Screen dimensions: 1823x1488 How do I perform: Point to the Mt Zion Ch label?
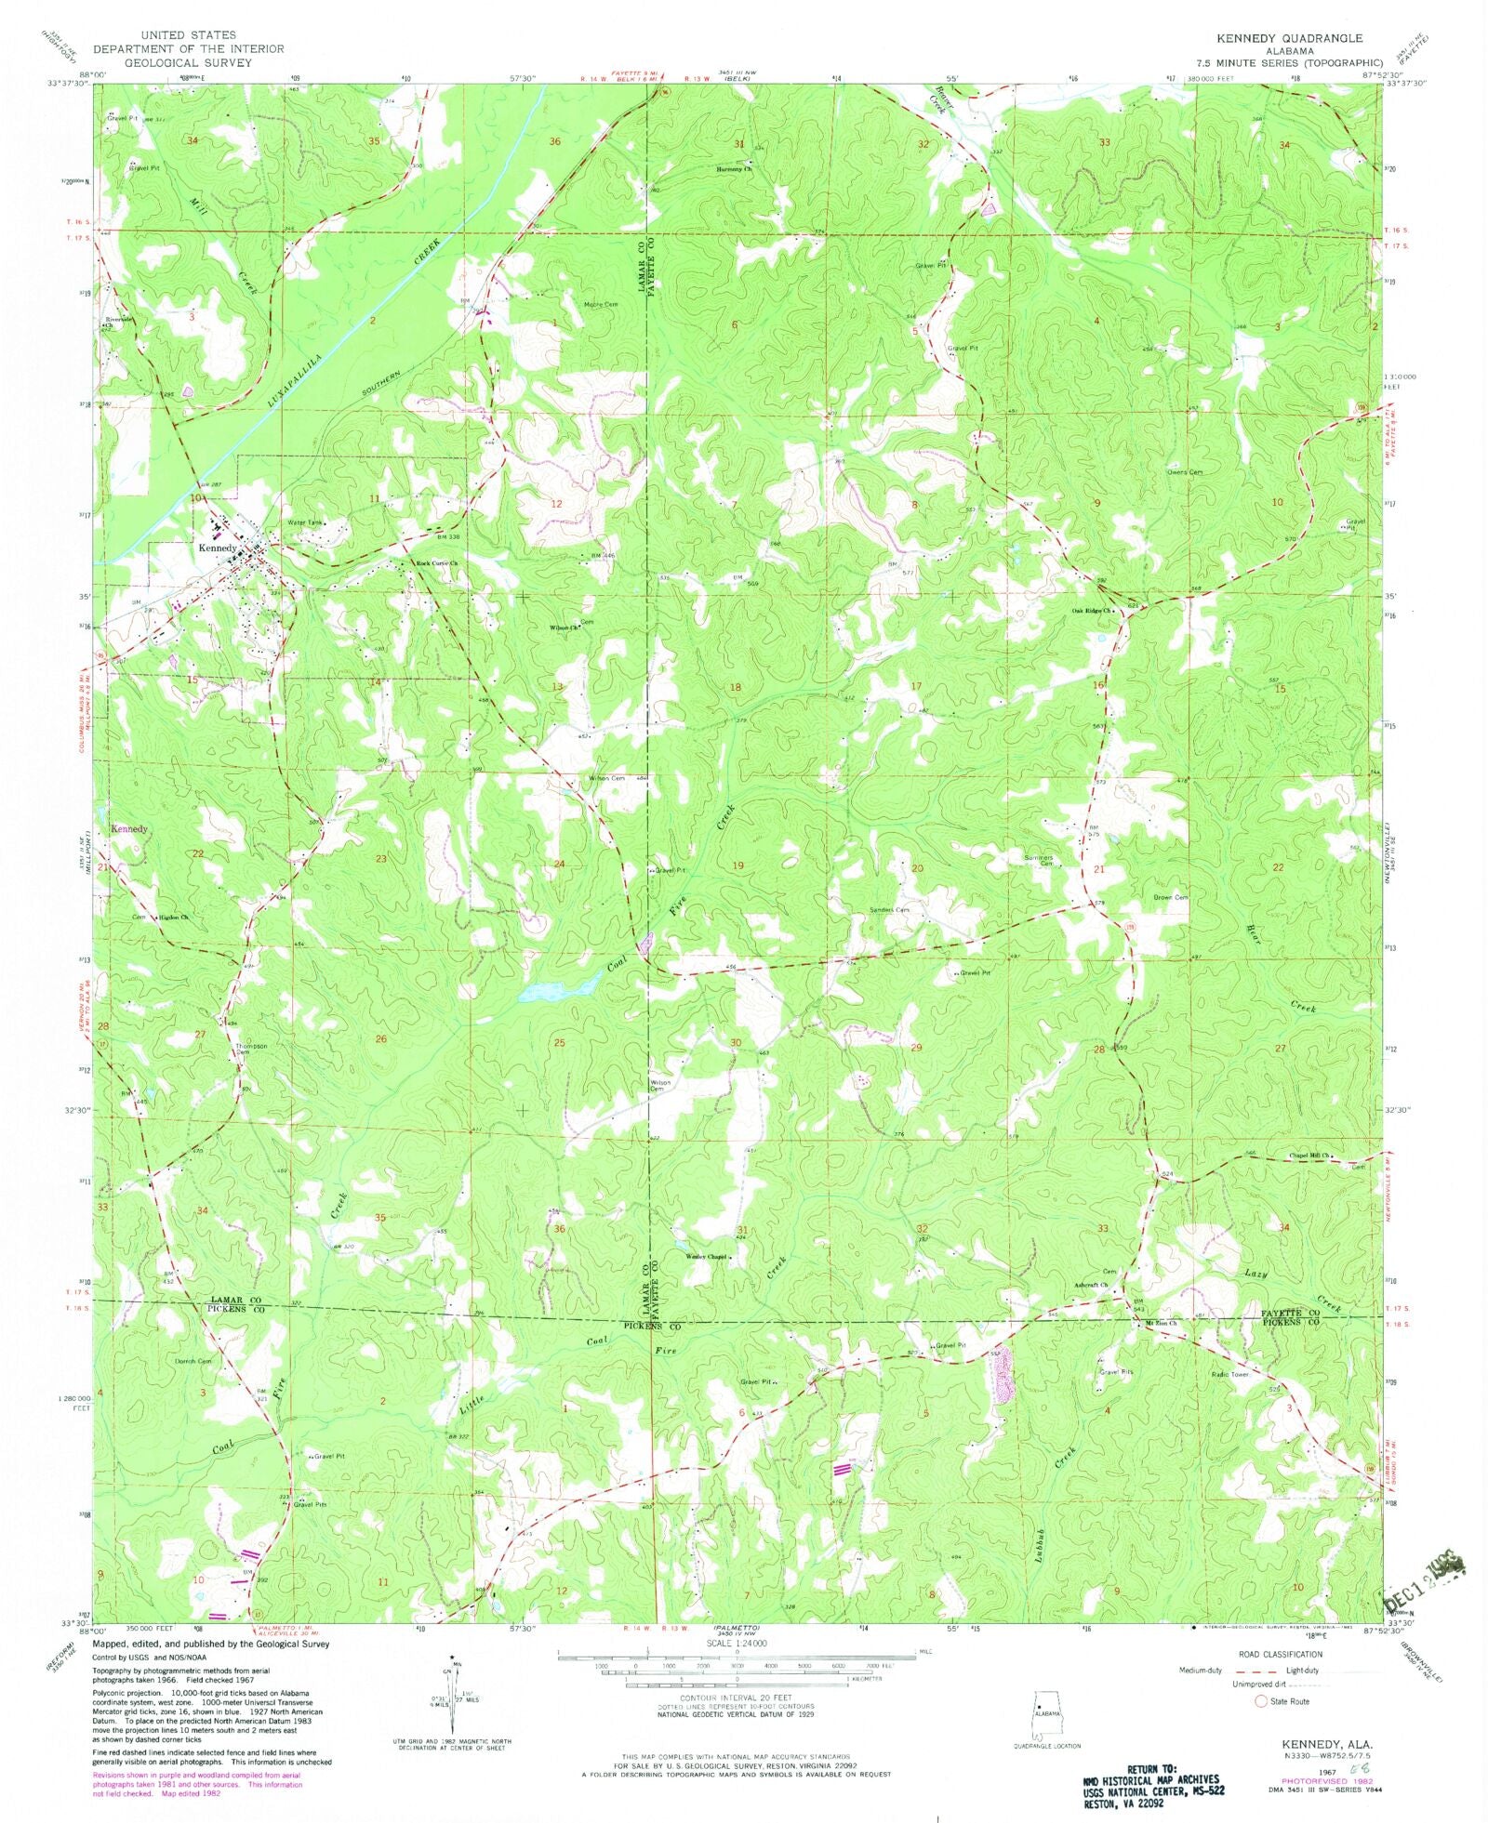click(1160, 1323)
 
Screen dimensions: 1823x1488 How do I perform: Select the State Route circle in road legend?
click(1261, 1701)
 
